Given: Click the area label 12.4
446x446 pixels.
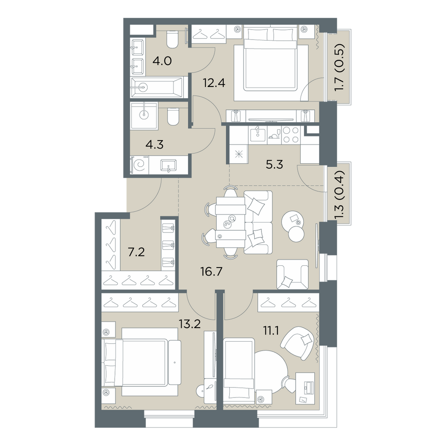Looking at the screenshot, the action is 214,83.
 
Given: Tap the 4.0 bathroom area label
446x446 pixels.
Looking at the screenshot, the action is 162,61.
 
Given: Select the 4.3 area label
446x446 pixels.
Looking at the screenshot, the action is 154,145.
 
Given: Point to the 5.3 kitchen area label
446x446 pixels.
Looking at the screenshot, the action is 274,165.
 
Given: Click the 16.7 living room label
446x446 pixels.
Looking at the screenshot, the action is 211,272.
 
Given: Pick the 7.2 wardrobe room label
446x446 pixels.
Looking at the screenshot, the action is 136,252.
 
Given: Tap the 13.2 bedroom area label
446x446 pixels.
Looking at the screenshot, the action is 190,323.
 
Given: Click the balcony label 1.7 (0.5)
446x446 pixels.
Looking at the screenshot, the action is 339,68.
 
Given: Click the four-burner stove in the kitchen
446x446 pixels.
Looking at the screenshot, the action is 291,135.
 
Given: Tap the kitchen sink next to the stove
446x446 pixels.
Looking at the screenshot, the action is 258,135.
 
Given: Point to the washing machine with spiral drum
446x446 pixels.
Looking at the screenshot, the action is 140,165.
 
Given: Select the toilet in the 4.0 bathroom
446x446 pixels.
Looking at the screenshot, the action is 172,40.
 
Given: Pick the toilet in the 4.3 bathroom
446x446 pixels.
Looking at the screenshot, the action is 172,116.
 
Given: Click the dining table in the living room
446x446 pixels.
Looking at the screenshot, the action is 231,222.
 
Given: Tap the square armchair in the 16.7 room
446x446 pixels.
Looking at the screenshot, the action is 293,274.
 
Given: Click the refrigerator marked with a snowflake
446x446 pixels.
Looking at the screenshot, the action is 238,155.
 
